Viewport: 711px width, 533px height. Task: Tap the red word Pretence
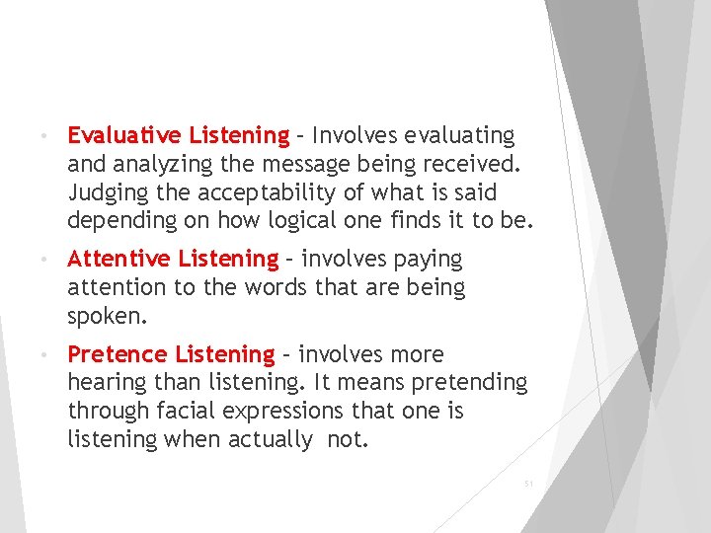click(x=117, y=354)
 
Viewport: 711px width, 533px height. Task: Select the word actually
click(x=268, y=439)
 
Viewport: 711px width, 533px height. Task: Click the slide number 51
click(x=528, y=484)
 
